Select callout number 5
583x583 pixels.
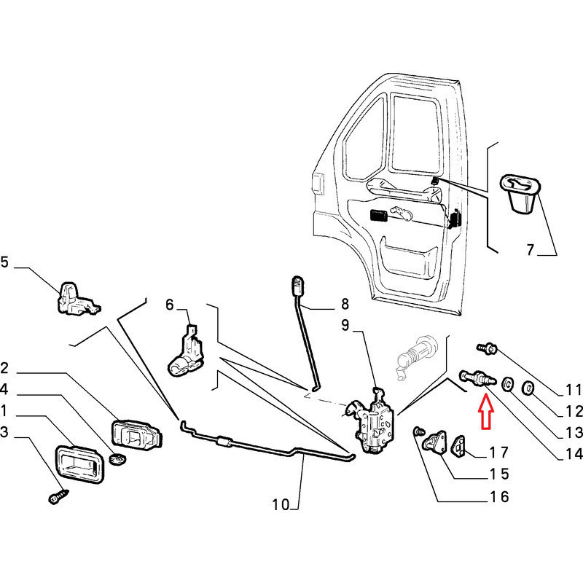point(6,263)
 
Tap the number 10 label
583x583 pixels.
point(281,504)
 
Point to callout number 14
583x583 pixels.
point(574,454)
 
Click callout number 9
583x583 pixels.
point(346,325)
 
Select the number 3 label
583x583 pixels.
point(6,433)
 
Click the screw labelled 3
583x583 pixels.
point(57,498)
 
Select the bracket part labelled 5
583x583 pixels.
point(77,298)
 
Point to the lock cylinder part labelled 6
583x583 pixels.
point(185,353)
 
